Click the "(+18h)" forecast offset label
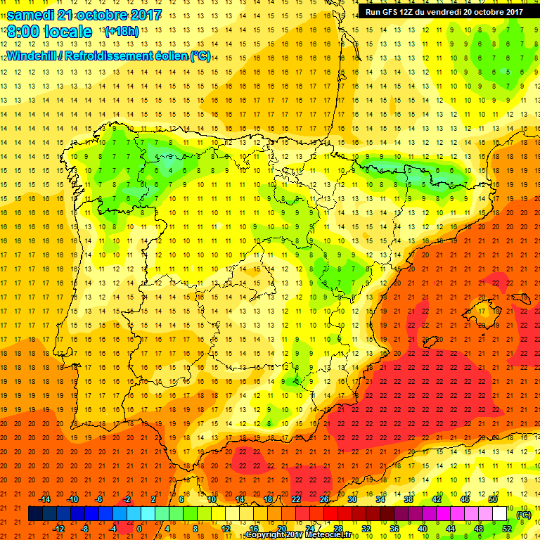(121, 32)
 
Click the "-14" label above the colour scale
(46, 499)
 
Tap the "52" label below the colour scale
(506, 529)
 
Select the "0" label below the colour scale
(139, 529)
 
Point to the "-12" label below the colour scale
(59, 529)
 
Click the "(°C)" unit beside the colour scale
(523, 514)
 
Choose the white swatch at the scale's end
(499, 514)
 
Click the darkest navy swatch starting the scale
(35, 514)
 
